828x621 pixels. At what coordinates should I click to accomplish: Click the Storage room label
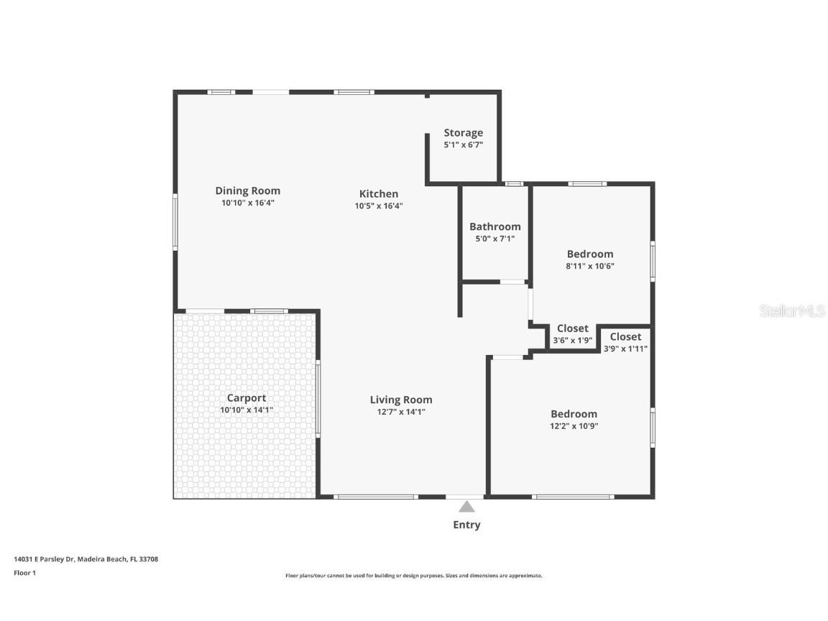pos(463,133)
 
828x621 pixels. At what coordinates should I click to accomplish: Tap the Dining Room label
pos(247,190)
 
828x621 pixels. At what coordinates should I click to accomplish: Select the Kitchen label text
pos(378,193)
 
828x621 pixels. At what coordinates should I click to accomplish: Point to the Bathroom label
pos(494,226)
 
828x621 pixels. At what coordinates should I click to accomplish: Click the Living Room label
pos(401,400)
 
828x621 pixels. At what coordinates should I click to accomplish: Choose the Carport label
pos(247,397)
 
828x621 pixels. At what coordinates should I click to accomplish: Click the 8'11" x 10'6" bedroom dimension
pos(590,266)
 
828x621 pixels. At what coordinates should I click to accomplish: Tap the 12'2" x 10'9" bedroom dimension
pos(574,425)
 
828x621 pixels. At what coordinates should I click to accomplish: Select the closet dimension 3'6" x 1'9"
pos(572,341)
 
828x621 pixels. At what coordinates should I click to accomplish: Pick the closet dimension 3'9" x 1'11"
pos(625,349)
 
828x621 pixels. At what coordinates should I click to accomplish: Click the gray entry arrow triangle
pos(466,506)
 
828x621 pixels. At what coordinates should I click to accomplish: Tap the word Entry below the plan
pos(466,525)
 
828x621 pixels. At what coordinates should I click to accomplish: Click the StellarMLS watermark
pos(791,310)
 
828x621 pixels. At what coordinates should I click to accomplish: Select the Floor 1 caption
pos(24,573)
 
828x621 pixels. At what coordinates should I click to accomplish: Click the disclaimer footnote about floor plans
pos(413,576)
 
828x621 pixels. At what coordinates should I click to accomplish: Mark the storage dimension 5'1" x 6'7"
pos(463,144)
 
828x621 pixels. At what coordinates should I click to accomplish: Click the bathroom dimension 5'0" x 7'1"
pos(494,239)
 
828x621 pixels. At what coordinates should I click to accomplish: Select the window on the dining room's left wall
pos(175,221)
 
